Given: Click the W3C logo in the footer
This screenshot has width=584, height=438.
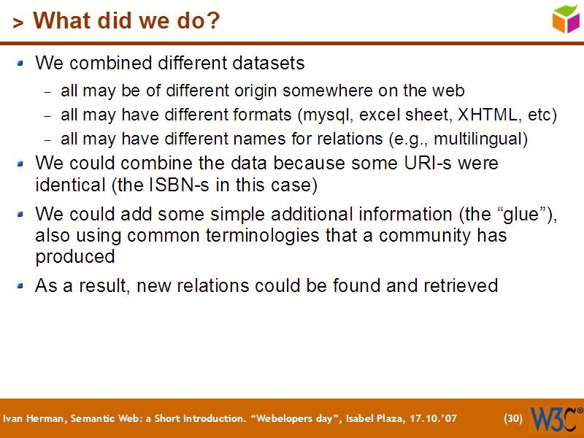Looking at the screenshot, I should (x=556, y=418).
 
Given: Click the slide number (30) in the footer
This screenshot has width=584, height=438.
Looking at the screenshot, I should (x=513, y=418).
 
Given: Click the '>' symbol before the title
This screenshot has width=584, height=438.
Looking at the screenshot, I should (x=18, y=23).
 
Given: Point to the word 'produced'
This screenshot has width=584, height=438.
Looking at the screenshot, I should (x=75, y=257).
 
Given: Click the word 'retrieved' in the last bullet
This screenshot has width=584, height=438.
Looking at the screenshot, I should (x=461, y=285).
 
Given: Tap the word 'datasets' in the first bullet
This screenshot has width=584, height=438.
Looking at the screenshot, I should (x=269, y=63).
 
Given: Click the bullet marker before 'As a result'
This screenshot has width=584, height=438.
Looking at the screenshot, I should (x=21, y=285).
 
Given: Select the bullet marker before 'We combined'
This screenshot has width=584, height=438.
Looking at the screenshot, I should (x=21, y=63).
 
